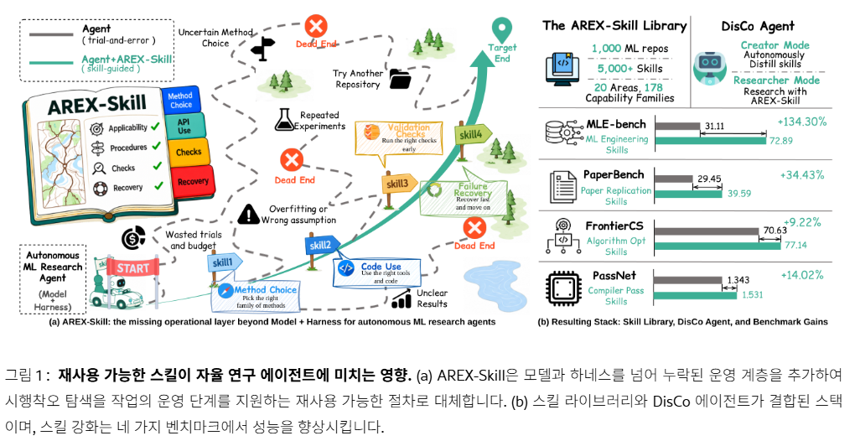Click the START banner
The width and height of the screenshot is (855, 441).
[133, 268]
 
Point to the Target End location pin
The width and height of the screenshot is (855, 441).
[501, 30]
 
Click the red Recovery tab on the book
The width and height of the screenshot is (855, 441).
[193, 182]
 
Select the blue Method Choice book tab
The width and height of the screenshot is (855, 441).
[180, 100]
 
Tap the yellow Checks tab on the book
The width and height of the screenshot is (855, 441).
[189, 152]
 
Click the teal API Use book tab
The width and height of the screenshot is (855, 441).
[184, 126]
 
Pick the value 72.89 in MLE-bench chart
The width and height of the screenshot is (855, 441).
[781, 141]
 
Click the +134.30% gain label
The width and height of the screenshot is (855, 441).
[801, 122]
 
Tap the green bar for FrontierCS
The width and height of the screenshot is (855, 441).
[718, 246]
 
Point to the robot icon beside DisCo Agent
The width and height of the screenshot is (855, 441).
[709, 68]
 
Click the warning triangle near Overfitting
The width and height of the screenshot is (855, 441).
[249, 215]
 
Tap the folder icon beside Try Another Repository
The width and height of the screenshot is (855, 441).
[400, 79]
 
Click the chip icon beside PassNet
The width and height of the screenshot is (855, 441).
[562, 288]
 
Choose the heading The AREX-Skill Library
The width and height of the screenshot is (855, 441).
[614, 26]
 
